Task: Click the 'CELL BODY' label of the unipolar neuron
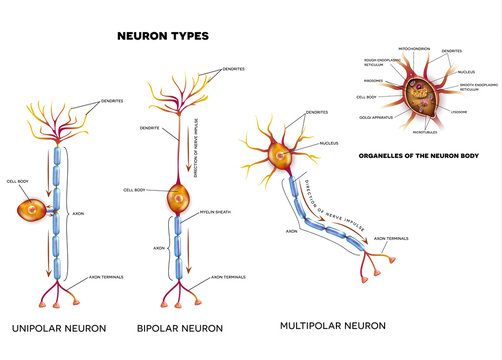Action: pos(18,180)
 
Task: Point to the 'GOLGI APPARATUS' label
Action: pos(373,117)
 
